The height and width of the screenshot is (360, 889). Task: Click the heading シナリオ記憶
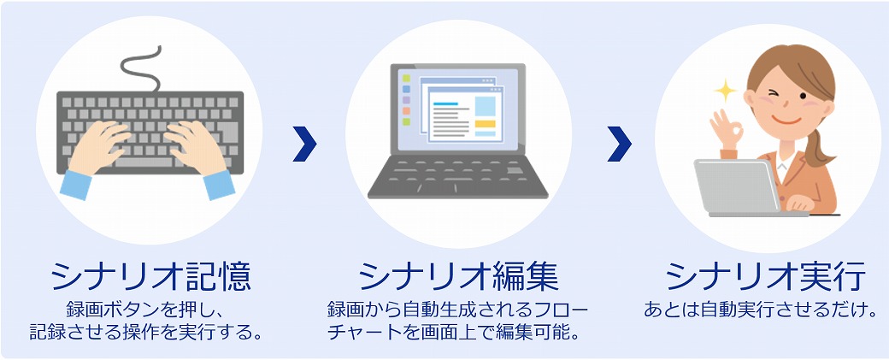[150, 277]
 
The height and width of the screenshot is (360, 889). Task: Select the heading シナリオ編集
[459, 277]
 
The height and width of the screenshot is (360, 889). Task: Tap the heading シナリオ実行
[766, 277]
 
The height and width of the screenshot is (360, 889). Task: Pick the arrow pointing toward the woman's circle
[619, 144]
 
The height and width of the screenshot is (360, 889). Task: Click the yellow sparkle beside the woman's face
[725, 90]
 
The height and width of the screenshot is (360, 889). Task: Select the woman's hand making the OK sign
[727, 128]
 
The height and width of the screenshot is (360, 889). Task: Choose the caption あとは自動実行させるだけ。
[761, 310]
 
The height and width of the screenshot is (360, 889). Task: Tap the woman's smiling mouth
[786, 121]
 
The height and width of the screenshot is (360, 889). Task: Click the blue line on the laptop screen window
[445, 103]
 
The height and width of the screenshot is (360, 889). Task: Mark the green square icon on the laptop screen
[406, 78]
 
